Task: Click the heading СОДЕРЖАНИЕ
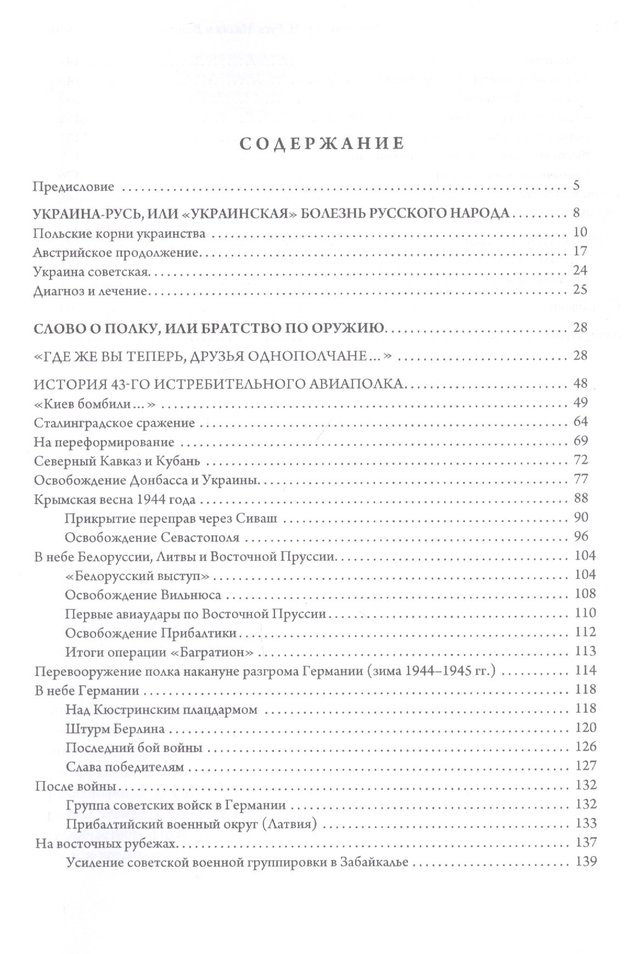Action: point(322,144)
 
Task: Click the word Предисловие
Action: point(74,187)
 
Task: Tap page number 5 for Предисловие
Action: point(576,186)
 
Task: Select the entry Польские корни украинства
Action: point(119,234)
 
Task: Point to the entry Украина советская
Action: point(91,272)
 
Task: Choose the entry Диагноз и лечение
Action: point(91,291)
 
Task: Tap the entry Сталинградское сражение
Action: point(114,423)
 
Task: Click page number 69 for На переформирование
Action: point(580,440)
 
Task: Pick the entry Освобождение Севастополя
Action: point(152,537)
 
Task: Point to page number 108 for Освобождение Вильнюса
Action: point(584,594)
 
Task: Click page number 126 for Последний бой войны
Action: point(584,746)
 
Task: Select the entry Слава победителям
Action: point(124,767)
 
